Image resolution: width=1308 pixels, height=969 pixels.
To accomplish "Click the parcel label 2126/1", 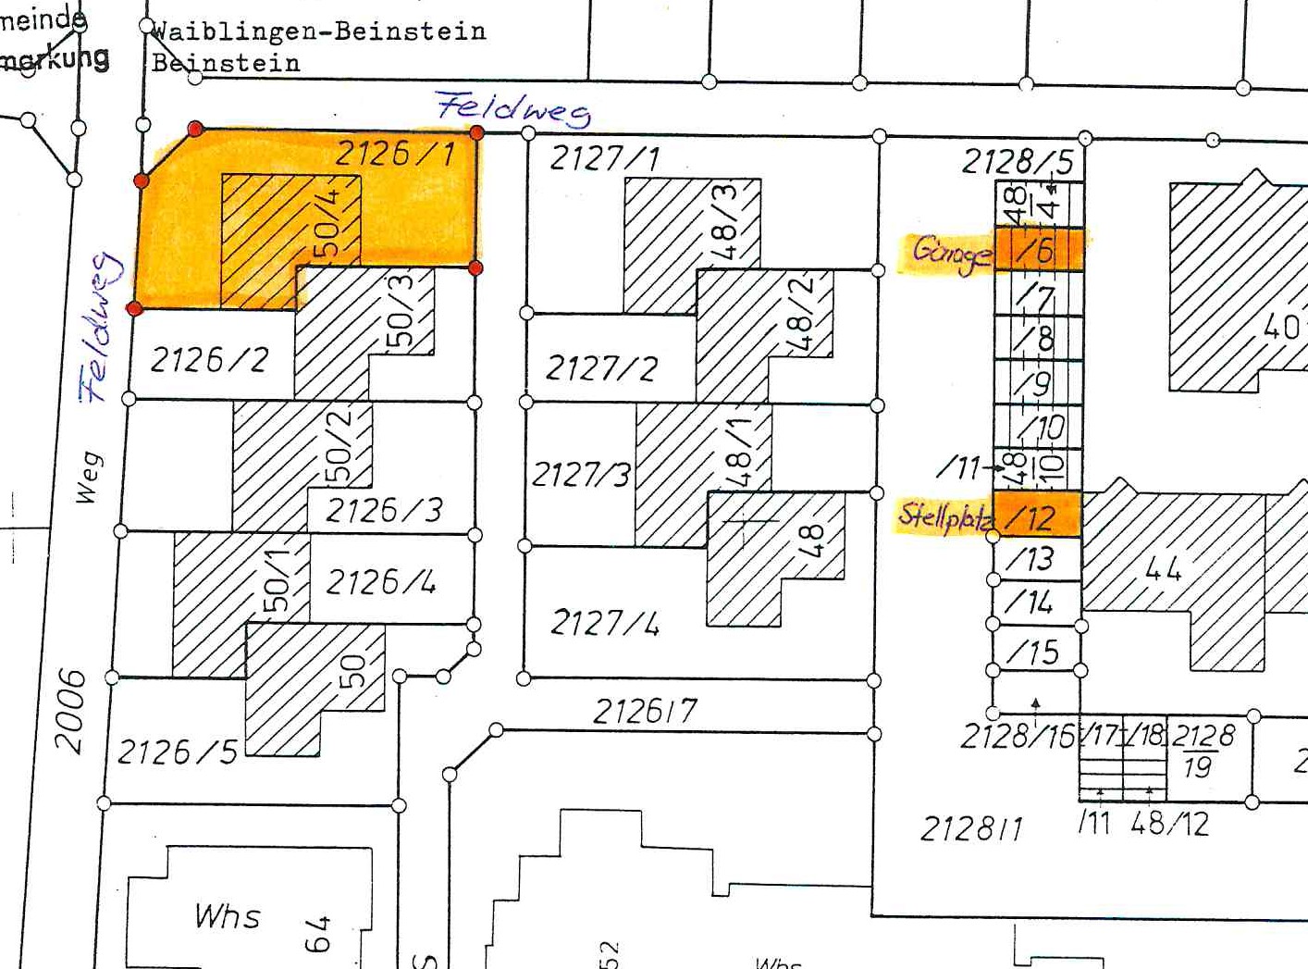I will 395,154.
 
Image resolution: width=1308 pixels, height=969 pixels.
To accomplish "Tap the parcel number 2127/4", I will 605,623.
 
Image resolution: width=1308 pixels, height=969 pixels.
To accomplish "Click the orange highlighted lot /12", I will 1037,516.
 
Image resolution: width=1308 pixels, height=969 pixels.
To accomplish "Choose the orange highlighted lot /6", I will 1038,249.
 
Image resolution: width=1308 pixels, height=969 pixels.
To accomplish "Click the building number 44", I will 1164,568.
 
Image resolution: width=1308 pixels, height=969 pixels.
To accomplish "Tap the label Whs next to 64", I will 228,916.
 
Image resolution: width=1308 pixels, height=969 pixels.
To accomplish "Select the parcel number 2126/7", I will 645,711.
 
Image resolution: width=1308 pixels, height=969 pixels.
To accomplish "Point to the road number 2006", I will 70,711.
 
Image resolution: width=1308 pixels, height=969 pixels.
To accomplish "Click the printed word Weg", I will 87,478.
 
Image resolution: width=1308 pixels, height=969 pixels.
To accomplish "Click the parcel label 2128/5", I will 1018,162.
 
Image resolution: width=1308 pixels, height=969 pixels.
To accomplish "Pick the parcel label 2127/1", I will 604,158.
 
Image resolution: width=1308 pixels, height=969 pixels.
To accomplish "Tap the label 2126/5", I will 178,752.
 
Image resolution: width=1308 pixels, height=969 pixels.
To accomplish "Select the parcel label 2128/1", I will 971,828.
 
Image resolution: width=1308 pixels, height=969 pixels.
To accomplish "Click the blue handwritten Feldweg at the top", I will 513,108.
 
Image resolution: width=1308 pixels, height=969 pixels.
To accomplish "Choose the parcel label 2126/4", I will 381,582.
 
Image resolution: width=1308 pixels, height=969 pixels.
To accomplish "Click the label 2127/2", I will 601,368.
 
